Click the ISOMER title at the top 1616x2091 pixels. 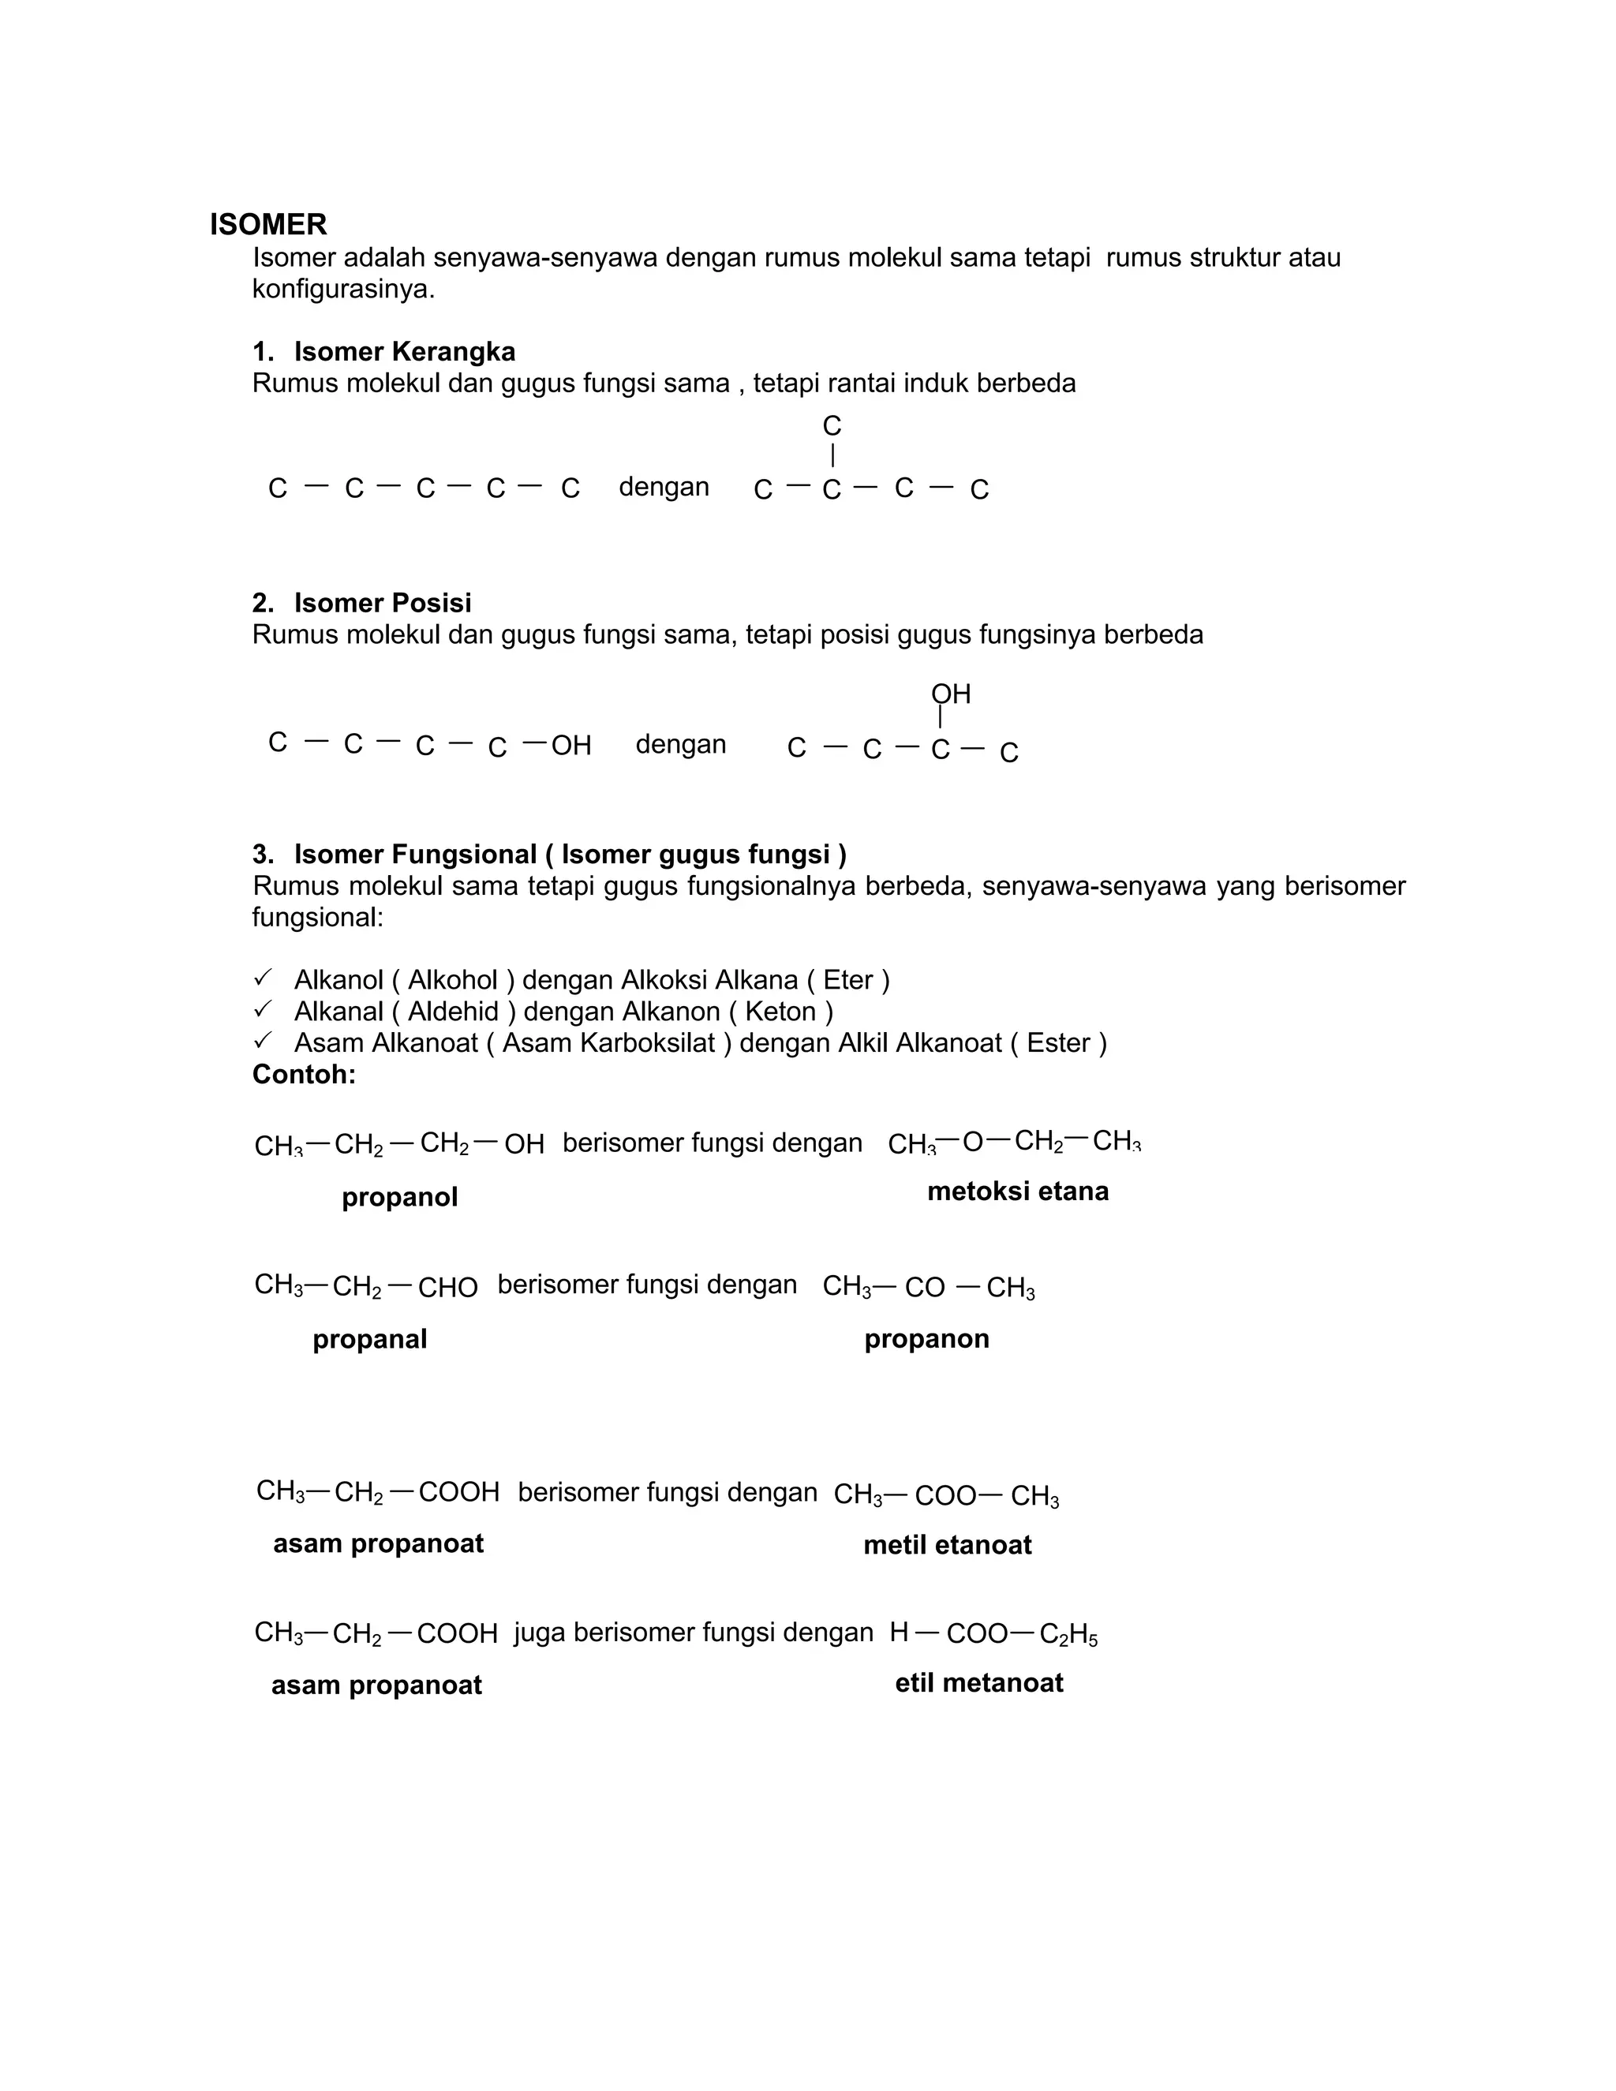(x=268, y=225)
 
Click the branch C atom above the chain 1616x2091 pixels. (x=831, y=426)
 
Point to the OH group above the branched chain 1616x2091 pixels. (x=951, y=694)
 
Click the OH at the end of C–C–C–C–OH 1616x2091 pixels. (x=570, y=746)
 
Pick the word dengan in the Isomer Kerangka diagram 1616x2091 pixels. (x=664, y=488)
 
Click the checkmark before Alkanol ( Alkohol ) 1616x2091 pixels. (x=262, y=978)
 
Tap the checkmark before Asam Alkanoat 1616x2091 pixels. (x=262, y=1040)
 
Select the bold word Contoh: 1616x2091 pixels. (x=304, y=1074)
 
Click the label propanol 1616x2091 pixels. (x=399, y=1197)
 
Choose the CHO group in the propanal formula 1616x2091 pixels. (x=447, y=1288)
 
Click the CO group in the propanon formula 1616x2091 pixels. (x=924, y=1288)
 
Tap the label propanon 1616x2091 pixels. (x=926, y=1338)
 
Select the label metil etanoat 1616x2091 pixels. (x=947, y=1545)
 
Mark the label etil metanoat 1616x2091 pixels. (x=978, y=1683)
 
